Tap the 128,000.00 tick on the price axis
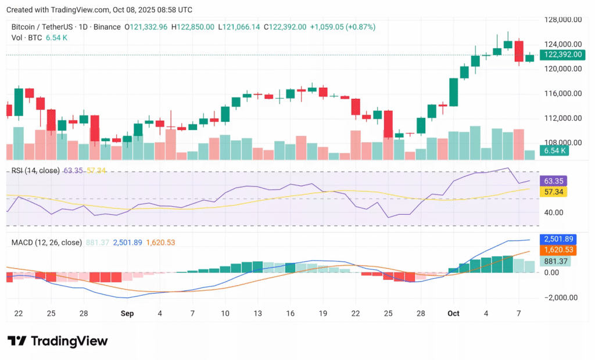562,19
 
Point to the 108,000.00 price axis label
562,142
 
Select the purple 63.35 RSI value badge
553,181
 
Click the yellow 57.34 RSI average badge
553,192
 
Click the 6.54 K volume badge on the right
554,151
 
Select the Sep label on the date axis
127,314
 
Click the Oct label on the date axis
453,314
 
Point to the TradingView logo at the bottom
58,341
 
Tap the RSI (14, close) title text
35,170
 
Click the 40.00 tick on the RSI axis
553,213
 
